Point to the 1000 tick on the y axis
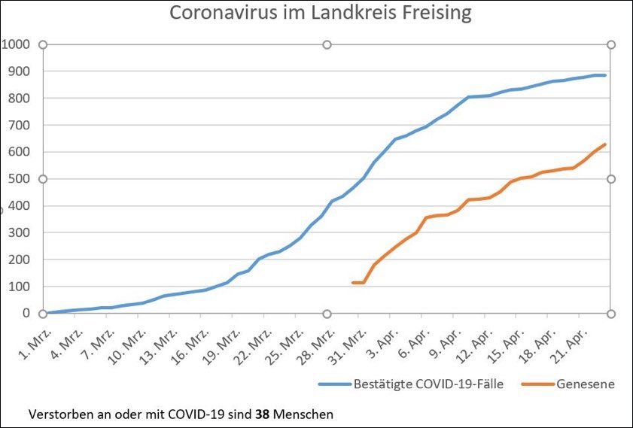[x=15, y=44]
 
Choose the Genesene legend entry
[x=585, y=384]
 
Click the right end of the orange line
[x=605, y=144]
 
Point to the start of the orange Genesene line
[x=353, y=283]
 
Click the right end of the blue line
[x=605, y=75]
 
